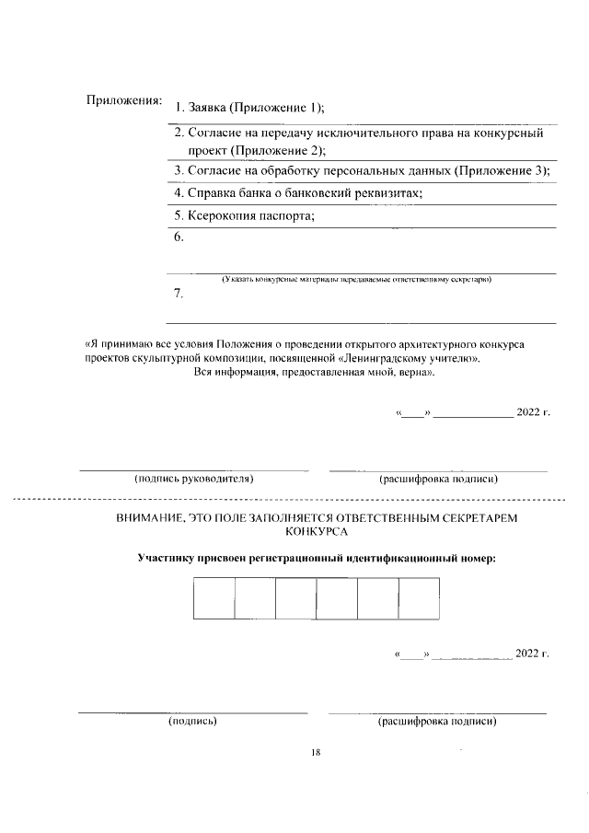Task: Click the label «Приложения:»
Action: (123, 99)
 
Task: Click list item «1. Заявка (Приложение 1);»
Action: (249, 109)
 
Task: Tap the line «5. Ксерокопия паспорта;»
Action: (245, 216)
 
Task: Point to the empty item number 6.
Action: (179, 237)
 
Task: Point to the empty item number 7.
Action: (179, 295)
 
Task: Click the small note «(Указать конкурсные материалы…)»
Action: (359, 278)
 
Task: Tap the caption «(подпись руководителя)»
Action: (194, 479)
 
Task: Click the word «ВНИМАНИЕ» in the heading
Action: (150, 518)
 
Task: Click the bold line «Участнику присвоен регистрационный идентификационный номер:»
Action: (316, 558)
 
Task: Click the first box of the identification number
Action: (214, 598)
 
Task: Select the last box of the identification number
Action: (419, 598)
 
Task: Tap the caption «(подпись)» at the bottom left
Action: (192, 722)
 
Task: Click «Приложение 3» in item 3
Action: (501, 171)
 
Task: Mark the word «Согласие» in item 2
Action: (214, 133)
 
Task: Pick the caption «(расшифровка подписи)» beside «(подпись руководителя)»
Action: (438, 479)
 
